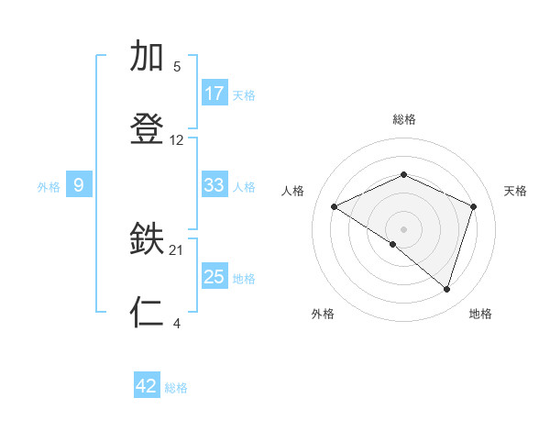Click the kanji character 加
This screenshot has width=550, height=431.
point(147,58)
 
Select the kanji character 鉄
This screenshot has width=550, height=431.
point(147,241)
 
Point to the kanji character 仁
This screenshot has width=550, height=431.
point(147,313)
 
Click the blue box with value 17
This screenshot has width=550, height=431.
point(214,94)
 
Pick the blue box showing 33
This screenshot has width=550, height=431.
point(214,185)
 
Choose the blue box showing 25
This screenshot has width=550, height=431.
point(214,277)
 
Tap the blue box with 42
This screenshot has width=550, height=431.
point(147,386)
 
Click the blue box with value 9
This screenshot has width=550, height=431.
point(79,185)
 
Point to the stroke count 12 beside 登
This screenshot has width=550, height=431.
point(177,140)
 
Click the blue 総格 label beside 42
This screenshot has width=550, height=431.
point(176,388)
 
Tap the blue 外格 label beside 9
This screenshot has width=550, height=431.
point(49,186)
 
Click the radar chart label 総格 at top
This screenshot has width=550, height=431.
point(403,119)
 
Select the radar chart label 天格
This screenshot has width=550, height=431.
point(516,191)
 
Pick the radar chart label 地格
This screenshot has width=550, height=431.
point(480,314)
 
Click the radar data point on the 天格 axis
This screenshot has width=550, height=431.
point(474,206)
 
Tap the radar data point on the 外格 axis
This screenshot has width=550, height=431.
point(393,244)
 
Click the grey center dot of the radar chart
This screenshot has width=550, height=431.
point(403,228)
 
